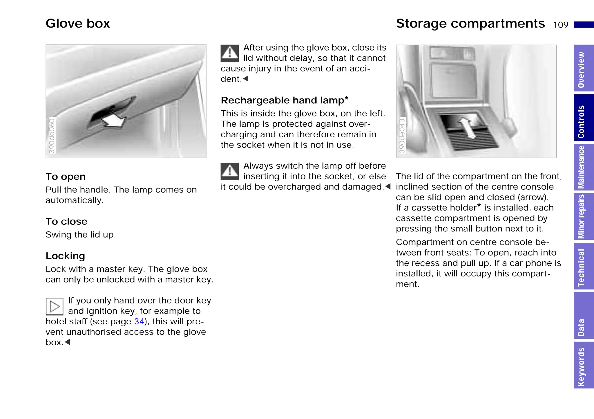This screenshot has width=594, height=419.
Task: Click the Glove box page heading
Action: pyautogui.click(x=78, y=24)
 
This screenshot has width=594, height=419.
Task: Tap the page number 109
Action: pyautogui.click(x=560, y=25)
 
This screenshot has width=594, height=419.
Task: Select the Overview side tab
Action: pyautogui.click(x=583, y=69)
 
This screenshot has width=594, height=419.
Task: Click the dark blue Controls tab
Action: pyautogui.click(x=583, y=118)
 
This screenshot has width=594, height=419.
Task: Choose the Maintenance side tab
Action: pyautogui.click(x=583, y=167)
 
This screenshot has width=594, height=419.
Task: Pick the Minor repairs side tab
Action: pyautogui.click(x=583, y=217)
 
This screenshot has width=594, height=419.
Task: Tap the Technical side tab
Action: pyautogui.click(x=583, y=267)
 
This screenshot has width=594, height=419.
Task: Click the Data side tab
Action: pyautogui.click(x=583, y=316)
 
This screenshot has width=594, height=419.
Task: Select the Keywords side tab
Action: pyautogui.click(x=583, y=365)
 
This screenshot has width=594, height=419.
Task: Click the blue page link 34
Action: pyautogui.click(x=139, y=321)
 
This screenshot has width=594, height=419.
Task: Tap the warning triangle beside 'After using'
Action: pyautogui.click(x=229, y=53)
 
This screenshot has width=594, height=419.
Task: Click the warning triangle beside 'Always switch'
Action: pyautogui.click(x=229, y=171)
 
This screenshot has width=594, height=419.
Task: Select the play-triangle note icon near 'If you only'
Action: pyautogui.click(x=55, y=306)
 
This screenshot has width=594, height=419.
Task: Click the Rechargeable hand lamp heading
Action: pyautogui.click(x=284, y=100)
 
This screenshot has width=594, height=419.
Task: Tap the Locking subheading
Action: pyautogui.click(x=65, y=256)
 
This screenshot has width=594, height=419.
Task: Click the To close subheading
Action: pyautogui.click(x=66, y=222)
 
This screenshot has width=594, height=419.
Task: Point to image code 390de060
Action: pyautogui.click(x=52, y=135)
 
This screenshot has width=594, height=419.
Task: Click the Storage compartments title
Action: pyautogui.click(x=470, y=24)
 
